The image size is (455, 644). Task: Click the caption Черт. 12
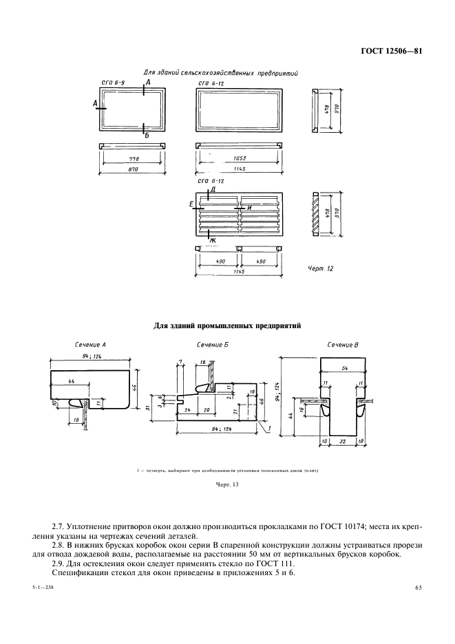[x=320, y=269]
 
